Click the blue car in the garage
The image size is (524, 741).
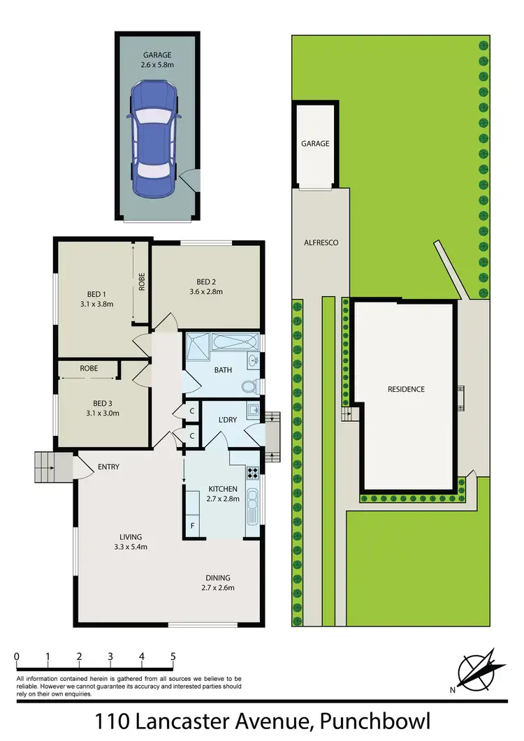153,138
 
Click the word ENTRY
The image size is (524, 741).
108,467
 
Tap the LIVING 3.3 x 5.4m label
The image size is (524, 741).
130,541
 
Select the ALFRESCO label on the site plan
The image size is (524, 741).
321,242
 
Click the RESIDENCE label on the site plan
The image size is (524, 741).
406,389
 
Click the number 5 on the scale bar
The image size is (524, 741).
173,656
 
